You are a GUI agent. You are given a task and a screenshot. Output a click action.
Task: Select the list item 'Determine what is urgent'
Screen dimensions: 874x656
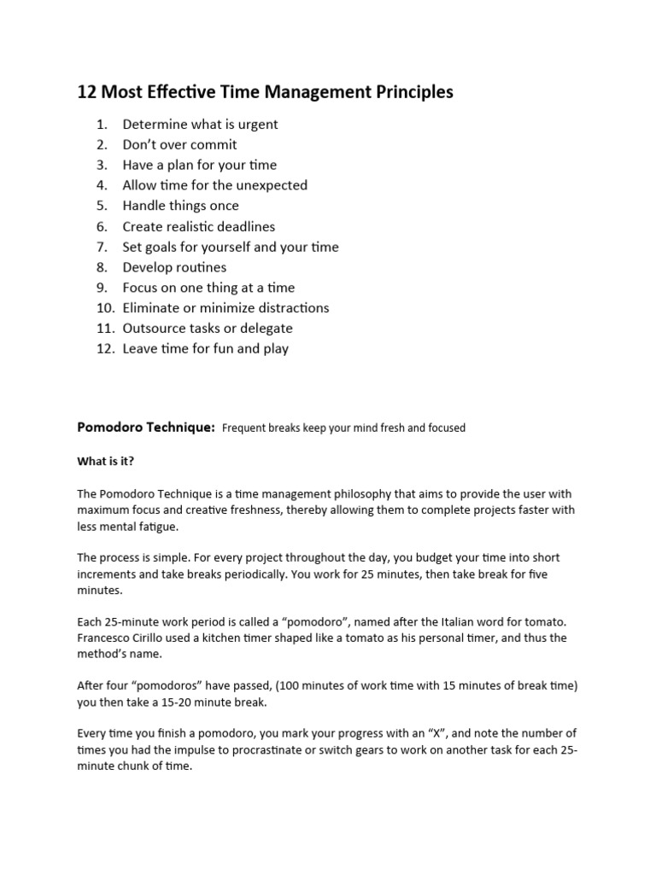[200, 124]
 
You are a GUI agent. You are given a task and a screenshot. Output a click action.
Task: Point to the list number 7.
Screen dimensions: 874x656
[102, 247]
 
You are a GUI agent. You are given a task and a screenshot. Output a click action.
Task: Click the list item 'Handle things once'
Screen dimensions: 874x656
[180, 206]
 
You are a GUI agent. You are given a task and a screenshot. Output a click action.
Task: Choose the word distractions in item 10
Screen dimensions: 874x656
[288, 308]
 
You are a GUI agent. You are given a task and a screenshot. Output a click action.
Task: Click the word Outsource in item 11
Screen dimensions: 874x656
[151, 329]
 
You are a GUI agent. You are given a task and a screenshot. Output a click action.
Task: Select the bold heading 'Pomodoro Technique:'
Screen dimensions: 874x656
[145, 427]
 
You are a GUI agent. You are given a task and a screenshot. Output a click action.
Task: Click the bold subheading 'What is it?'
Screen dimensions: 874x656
[106, 461]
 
